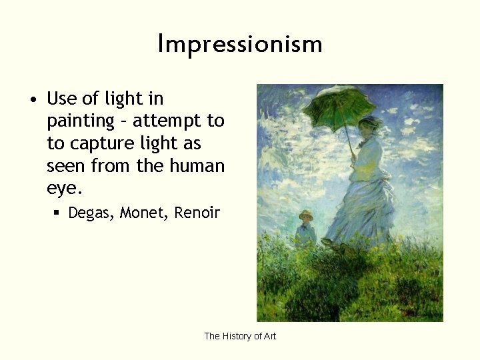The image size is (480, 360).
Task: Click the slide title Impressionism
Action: pyautogui.click(x=240, y=44)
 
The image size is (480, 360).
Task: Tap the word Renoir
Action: pyautogui.click(x=197, y=213)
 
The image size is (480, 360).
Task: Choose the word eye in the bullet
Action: pyautogui.click(x=62, y=188)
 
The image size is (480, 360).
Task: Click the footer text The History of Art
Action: pyautogui.click(x=240, y=336)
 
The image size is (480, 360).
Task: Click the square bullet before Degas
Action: pyautogui.click(x=57, y=214)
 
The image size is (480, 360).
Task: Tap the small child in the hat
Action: pyautogui.click(x=306, y=230)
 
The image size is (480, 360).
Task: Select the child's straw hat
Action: pyautogui.click(x=306, y=215)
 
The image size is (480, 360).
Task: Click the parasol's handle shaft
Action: pyautogui.click(x=347, y=137)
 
